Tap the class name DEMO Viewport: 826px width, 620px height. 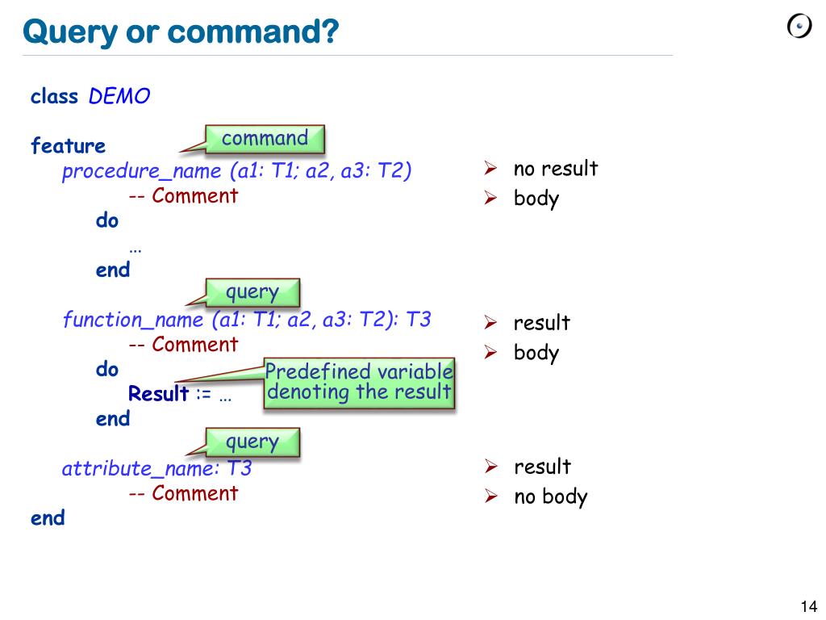119,97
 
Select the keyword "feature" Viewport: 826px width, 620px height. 68,146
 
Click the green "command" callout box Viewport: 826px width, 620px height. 265,139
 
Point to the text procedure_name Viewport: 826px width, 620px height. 141,171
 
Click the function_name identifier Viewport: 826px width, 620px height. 133,320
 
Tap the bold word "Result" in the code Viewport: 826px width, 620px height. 158,394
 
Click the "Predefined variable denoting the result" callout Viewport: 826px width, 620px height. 359,383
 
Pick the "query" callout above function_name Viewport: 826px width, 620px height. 252,292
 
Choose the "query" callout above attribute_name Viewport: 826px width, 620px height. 252,442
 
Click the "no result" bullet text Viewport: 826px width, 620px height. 556,169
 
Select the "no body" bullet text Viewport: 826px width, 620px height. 551,496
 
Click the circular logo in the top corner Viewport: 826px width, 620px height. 799,27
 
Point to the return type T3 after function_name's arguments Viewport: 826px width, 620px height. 419,320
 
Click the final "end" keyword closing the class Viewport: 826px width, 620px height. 48,518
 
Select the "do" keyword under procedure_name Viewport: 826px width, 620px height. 107,220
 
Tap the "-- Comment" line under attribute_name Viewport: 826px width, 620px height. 183,493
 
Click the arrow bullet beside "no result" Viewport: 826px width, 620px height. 490,169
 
